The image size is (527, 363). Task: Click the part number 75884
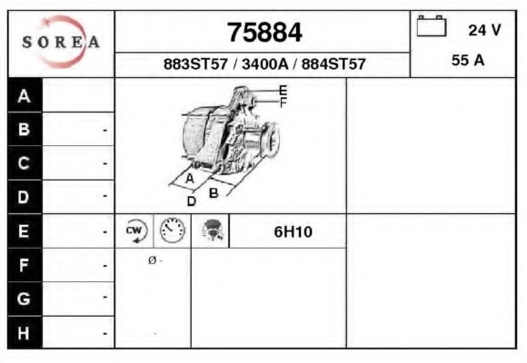[264, 33]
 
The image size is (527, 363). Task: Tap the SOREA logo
[61, 42]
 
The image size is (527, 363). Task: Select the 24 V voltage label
[484, 30]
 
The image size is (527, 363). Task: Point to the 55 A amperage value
[468, 61]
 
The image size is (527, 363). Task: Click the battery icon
[432, 25]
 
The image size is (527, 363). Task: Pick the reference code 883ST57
[195, 64]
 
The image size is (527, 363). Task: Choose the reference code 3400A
[264, 64]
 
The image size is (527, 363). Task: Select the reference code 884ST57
[333, 64]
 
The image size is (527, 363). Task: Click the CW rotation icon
[135, 231]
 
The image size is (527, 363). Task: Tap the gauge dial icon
[172, 231]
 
